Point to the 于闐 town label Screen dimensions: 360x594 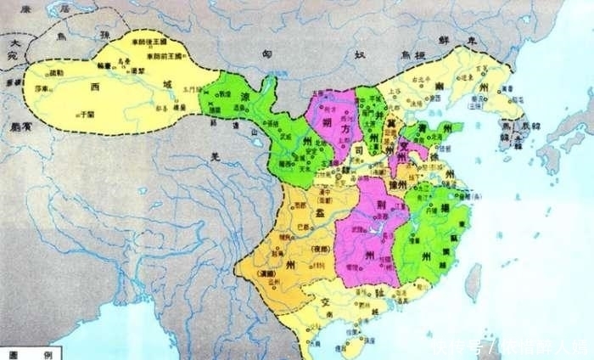tap(86, 113)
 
